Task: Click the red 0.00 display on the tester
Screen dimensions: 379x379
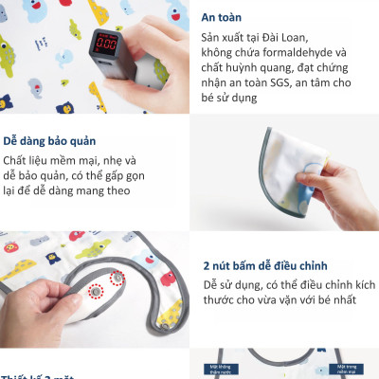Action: (x=107, y=46)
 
